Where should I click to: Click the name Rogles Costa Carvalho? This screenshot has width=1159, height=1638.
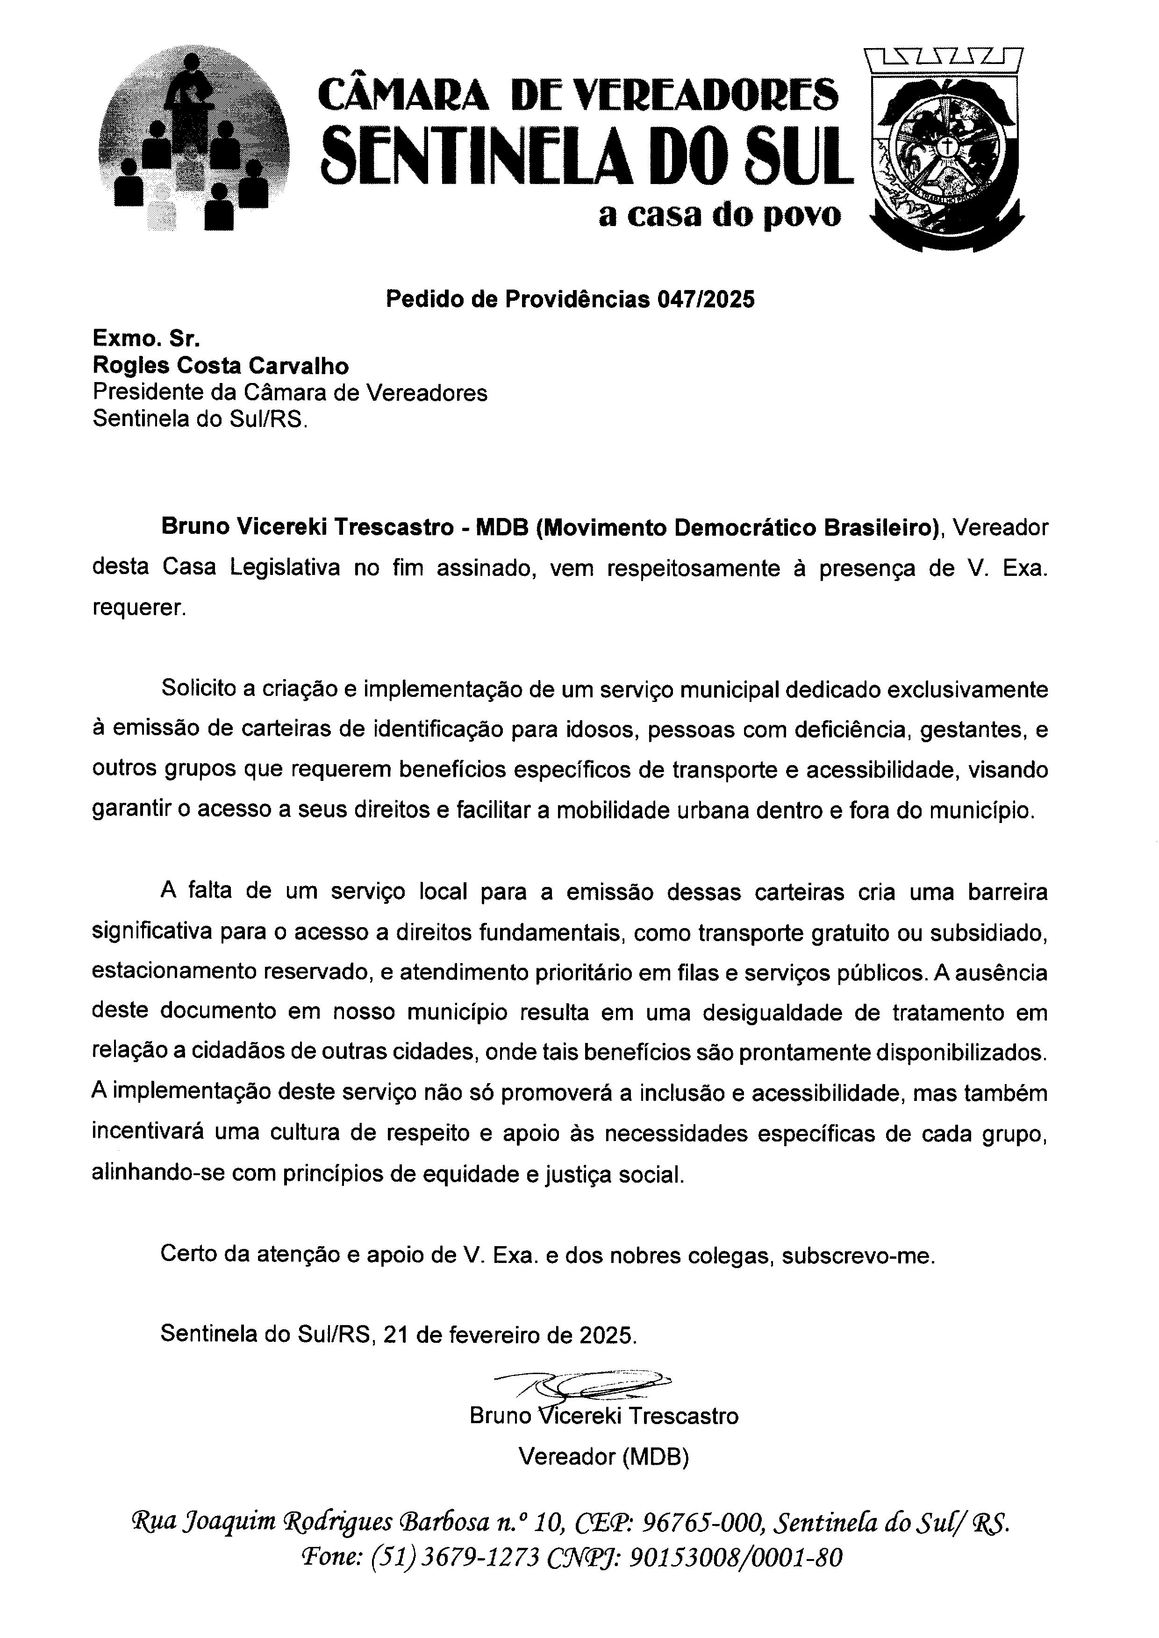click(x=221, y=366)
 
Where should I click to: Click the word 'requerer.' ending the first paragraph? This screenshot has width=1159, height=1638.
click(x=139, y=608)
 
